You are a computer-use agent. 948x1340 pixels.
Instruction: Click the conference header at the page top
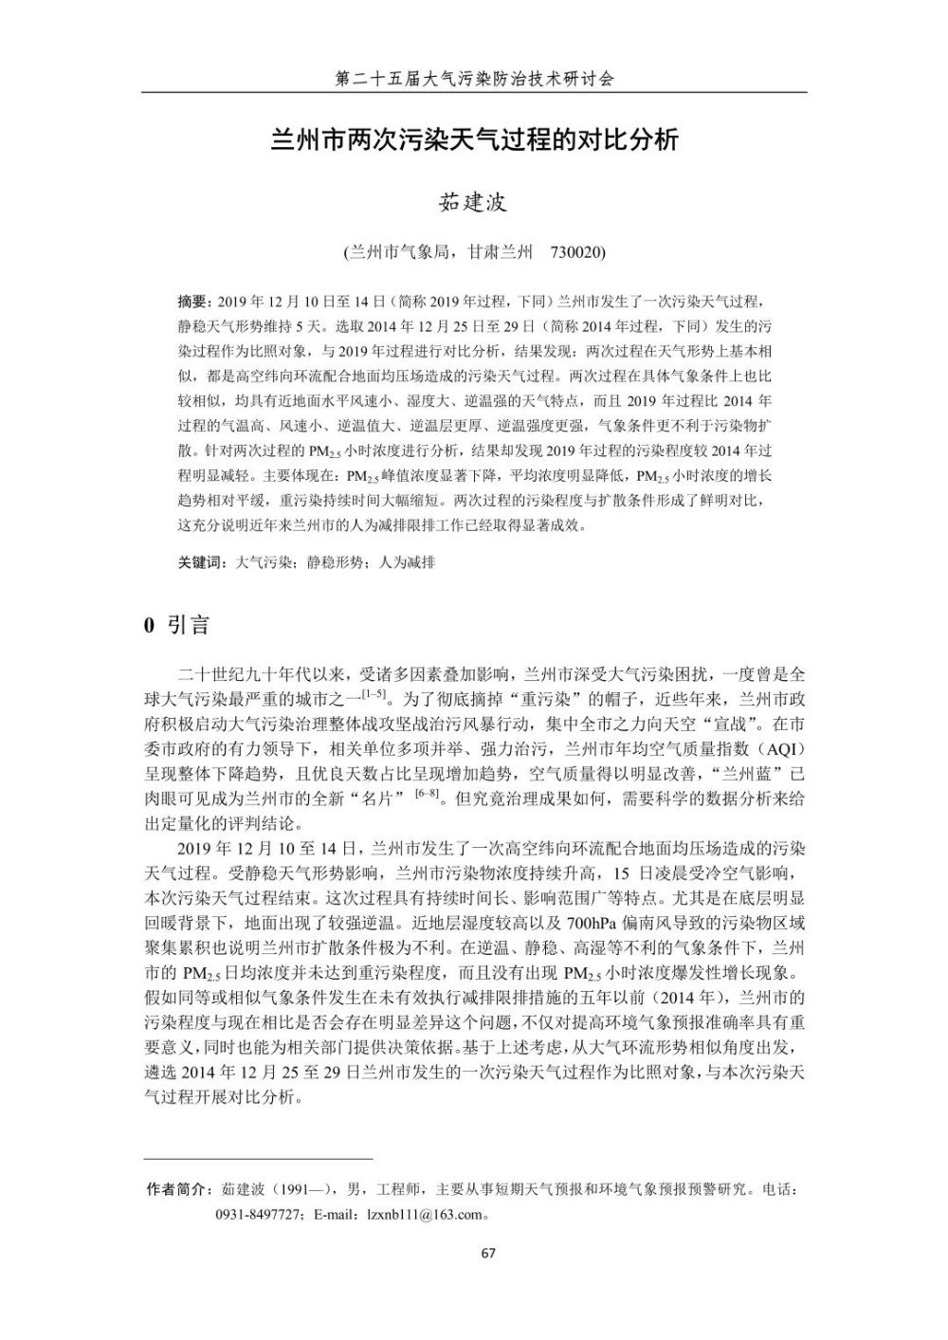coord(474,79)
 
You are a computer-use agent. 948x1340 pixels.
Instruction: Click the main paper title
coord(474,140)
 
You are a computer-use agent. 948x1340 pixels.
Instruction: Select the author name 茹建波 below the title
coord(473,202)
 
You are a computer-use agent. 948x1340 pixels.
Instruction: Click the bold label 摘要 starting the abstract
coord(192,303)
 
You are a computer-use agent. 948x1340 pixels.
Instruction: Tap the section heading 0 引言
coord(176,624)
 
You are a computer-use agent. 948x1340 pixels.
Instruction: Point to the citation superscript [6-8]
coord(427,794)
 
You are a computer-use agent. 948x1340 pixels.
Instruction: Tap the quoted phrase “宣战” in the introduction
coord(726,725)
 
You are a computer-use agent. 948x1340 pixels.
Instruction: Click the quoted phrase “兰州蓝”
coord(755,774)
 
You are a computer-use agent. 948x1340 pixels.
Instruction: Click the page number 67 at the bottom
coord(488,1253)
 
